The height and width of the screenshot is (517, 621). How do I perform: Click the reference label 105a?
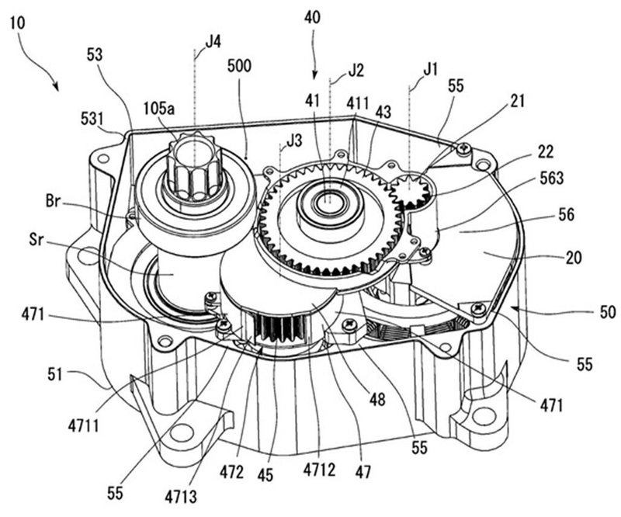(159, 109)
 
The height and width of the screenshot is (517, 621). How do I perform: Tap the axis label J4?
(213, 42)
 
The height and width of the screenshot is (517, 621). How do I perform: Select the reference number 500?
(239, 66)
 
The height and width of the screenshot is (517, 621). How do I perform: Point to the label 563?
(552, 178)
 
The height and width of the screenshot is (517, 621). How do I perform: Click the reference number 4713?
(181, 495)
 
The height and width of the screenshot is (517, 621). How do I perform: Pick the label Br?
(53, 202)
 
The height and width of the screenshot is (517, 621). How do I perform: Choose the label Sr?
(36, 240)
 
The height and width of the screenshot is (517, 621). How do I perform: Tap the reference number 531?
(93, 119)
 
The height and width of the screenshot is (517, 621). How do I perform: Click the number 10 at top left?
(18, 23)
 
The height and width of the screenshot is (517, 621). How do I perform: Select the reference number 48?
(376, 399)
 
